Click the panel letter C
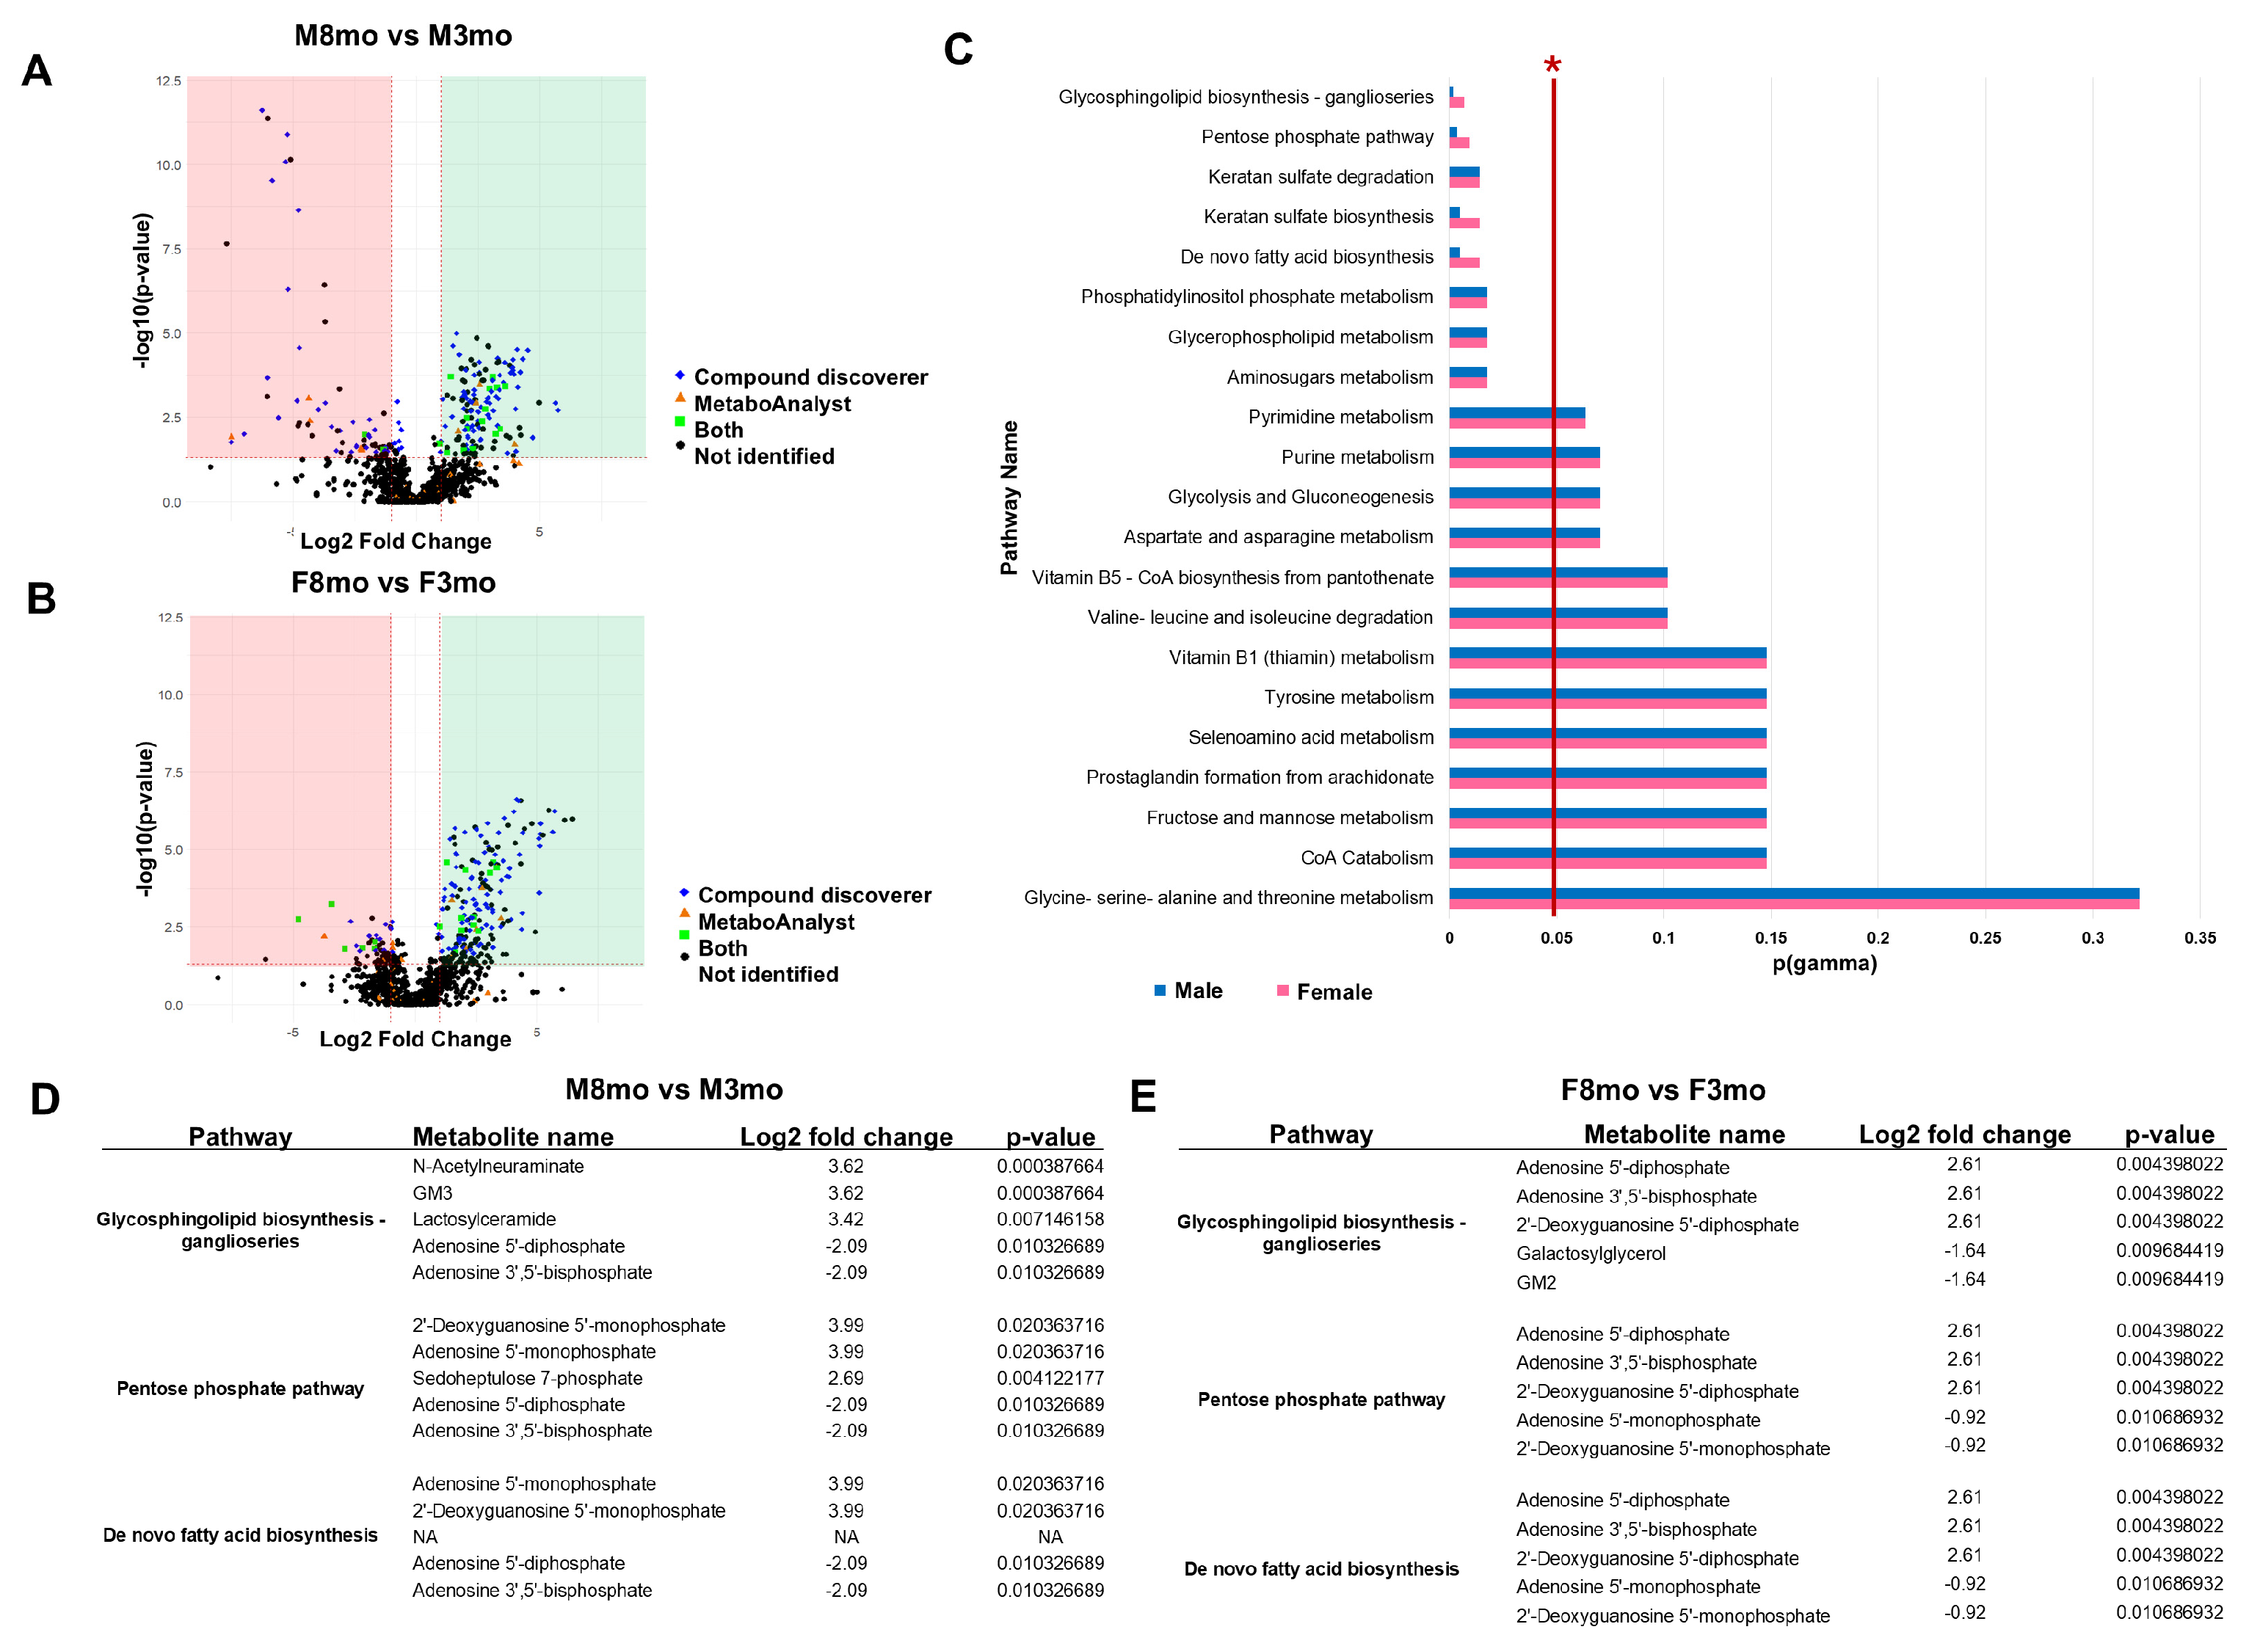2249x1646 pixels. pyautogui.click(x=958, y=50)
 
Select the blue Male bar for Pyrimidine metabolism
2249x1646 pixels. pyautogui.click(x=1516, y=412)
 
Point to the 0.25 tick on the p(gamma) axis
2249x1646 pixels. pyautogui.click(x=1984, y=938)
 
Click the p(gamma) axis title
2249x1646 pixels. pyautogui.click(x=1823, y=964)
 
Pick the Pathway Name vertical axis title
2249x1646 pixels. pyautogui.click(x=1009, y=498)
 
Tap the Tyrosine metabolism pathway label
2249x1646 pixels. pyautogui.click(x=1348, y=697)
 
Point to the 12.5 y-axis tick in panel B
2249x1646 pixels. pyautogui.click(x=170, y=618)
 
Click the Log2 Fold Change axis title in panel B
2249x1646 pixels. pyautogui.click(x=415, y=1039)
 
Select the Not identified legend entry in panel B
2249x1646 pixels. pyautogui.click(x=767, y=975)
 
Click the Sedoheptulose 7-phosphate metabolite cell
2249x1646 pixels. pyautogui.click(x=527, y=1378)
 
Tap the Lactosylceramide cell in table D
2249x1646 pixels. pyautogui.click(x=484, y=1219)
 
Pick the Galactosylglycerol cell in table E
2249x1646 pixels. pyautogui.click(x=1591, y=1253)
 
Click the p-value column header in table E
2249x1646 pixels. pyautogui.click(x=2168, y=1134)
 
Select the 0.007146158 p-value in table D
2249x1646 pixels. pyautogui.click(x=1050, y=1219)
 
